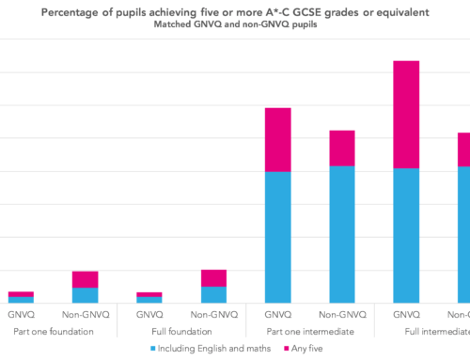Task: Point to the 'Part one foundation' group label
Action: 53,331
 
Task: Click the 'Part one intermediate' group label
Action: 310,331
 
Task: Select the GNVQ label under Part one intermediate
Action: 277,314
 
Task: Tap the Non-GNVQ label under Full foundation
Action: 213,314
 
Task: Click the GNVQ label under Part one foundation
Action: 21,314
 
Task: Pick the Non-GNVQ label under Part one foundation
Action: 85,314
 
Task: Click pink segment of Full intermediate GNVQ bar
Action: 406,114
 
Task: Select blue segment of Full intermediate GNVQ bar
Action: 406,235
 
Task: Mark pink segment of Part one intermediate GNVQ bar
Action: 277,140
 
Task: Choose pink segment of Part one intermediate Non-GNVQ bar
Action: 342,149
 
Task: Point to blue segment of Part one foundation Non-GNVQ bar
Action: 85,295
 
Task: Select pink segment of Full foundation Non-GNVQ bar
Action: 213,278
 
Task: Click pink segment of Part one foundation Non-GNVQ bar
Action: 85,279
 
